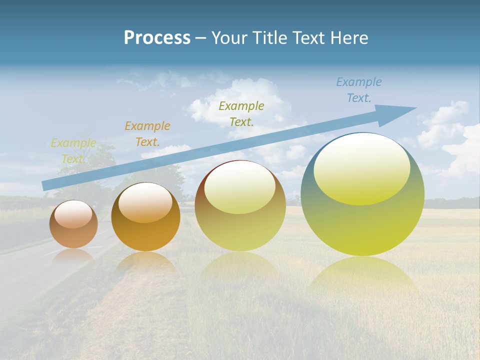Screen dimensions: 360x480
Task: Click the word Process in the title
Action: (x=157, y=38)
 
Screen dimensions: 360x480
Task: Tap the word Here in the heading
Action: (x=348, y=38)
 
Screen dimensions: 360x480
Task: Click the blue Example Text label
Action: (x=359, y=90)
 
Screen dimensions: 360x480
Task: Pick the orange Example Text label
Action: (x=147, y=133)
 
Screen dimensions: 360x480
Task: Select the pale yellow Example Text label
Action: (x=73, y=151)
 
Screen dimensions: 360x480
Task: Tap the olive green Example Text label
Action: (x=241, y=113)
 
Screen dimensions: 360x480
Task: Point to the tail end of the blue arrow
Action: (x=45, y=185)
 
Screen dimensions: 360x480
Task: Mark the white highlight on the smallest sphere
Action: (x=73, y=213)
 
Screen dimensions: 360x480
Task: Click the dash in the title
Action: (x=200, y=38)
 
